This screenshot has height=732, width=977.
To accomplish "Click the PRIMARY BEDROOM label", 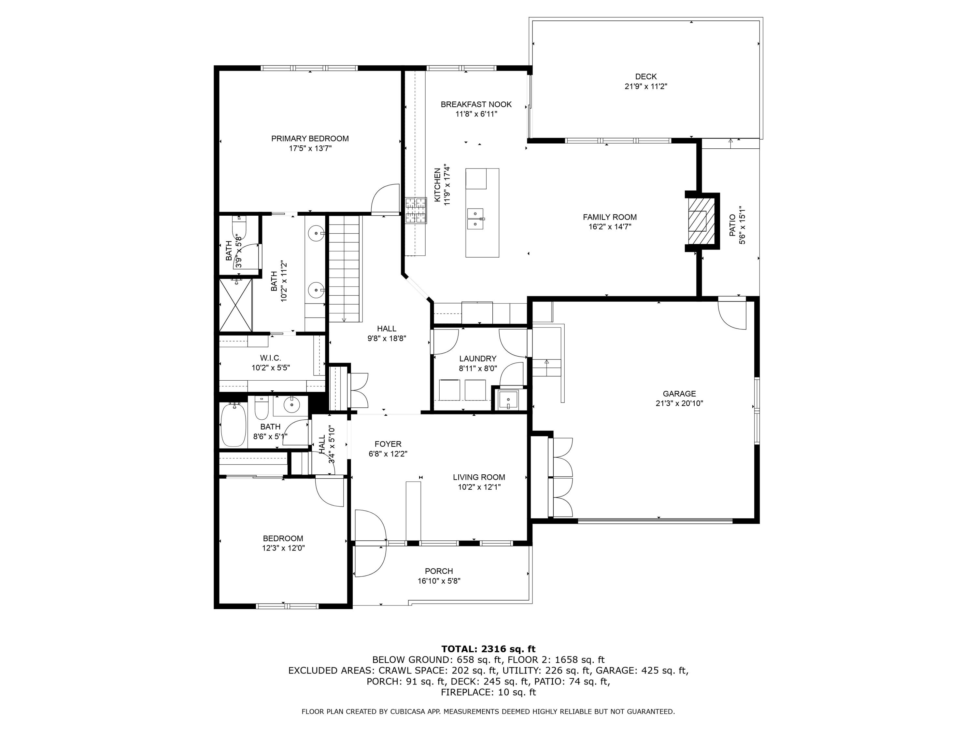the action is click(x=310, y=139).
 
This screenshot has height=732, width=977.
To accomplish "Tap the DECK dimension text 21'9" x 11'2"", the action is click(x=646, y=87).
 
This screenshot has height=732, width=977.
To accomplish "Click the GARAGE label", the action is click(x=679, y=394).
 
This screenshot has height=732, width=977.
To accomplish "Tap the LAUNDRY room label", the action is click(x=477, y=359).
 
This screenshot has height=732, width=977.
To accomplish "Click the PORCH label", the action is click(x=439, y=571).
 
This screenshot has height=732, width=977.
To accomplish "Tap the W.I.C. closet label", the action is click(x=270, y=358).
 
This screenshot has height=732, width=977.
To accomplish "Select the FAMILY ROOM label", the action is click(x=610, y=217).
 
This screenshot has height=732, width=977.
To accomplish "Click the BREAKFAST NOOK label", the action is click(x=476, y=104).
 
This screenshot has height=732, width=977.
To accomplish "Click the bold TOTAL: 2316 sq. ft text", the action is click(x=488, y=649).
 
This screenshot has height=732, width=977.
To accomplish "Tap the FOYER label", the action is click(x=388, y=444).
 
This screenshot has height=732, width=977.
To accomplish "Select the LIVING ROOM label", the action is click(x=479, y=477).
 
